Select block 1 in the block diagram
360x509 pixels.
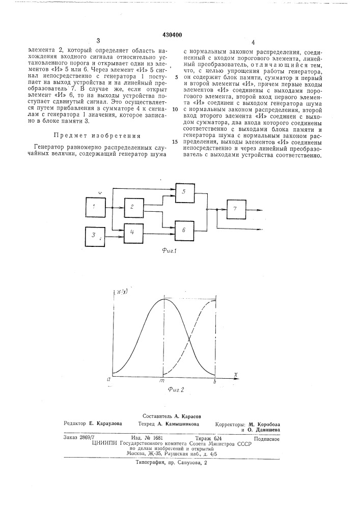(x=94, y=207)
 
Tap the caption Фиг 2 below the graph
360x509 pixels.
(x=174, y=390)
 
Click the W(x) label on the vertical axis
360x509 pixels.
(x=122, y=292)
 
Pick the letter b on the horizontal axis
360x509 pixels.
(x=215, y=380)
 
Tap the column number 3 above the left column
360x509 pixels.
(x=98, y=41)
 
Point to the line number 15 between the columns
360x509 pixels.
(x=175, y=142)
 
